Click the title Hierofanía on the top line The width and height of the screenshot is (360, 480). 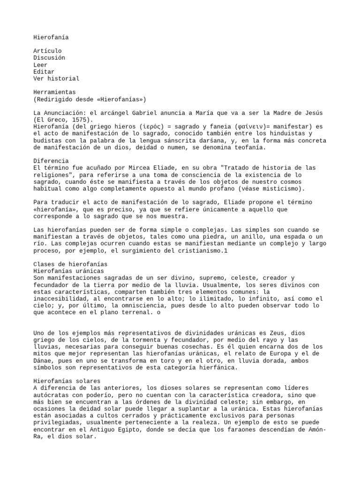click(x=51, y=37)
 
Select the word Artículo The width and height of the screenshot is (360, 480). click(x=47, y=51)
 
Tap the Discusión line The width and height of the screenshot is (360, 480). click(x=49, y=58)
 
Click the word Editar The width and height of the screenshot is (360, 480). click(x=44, y=72)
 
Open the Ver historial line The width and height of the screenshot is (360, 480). click(x=56, y=79)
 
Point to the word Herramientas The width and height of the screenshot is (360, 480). click(x=54, y=92)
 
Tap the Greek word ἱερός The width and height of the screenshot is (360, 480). click(x=153, y=127)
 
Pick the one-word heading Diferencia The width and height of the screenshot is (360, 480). click(x=51, y=161)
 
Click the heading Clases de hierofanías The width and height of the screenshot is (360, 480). click(x=70, y=264)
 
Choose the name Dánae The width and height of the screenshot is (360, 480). click(x=44, y=360)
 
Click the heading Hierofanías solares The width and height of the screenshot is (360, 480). click(x=67, y=381)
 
